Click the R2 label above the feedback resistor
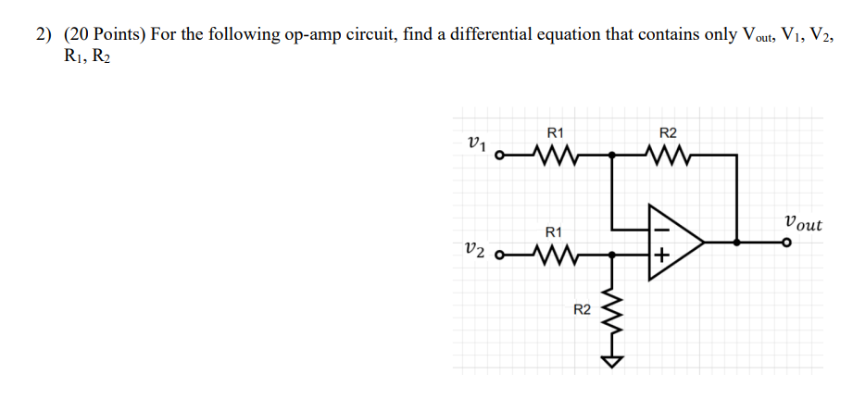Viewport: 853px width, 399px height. point(667,132)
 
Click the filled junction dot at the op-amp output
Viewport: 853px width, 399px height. point(736,243)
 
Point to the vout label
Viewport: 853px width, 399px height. point(801,223)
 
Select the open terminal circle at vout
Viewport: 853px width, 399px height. point(786,243)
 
